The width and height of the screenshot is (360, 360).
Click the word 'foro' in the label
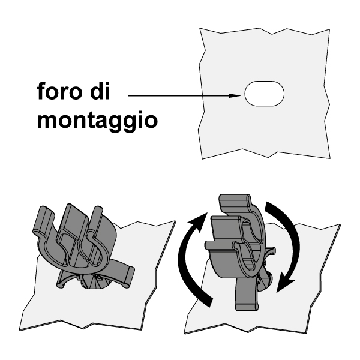click(x=59, y=91)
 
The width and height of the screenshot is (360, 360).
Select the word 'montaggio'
click(x=97, y=119)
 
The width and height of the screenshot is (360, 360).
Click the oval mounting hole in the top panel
click(x=265, y=94)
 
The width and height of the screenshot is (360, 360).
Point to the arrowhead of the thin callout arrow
click(x=235, y=96)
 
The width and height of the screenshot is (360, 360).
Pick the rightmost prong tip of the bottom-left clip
click(x=97, y=209)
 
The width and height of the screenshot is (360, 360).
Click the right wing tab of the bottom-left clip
click(x=129, y=277)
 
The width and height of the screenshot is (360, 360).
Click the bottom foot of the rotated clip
click(x=247, y=306)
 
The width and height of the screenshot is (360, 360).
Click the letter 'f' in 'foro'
click(x=41, y=91)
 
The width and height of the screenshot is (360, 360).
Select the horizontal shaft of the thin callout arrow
click(x=179, y=96)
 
